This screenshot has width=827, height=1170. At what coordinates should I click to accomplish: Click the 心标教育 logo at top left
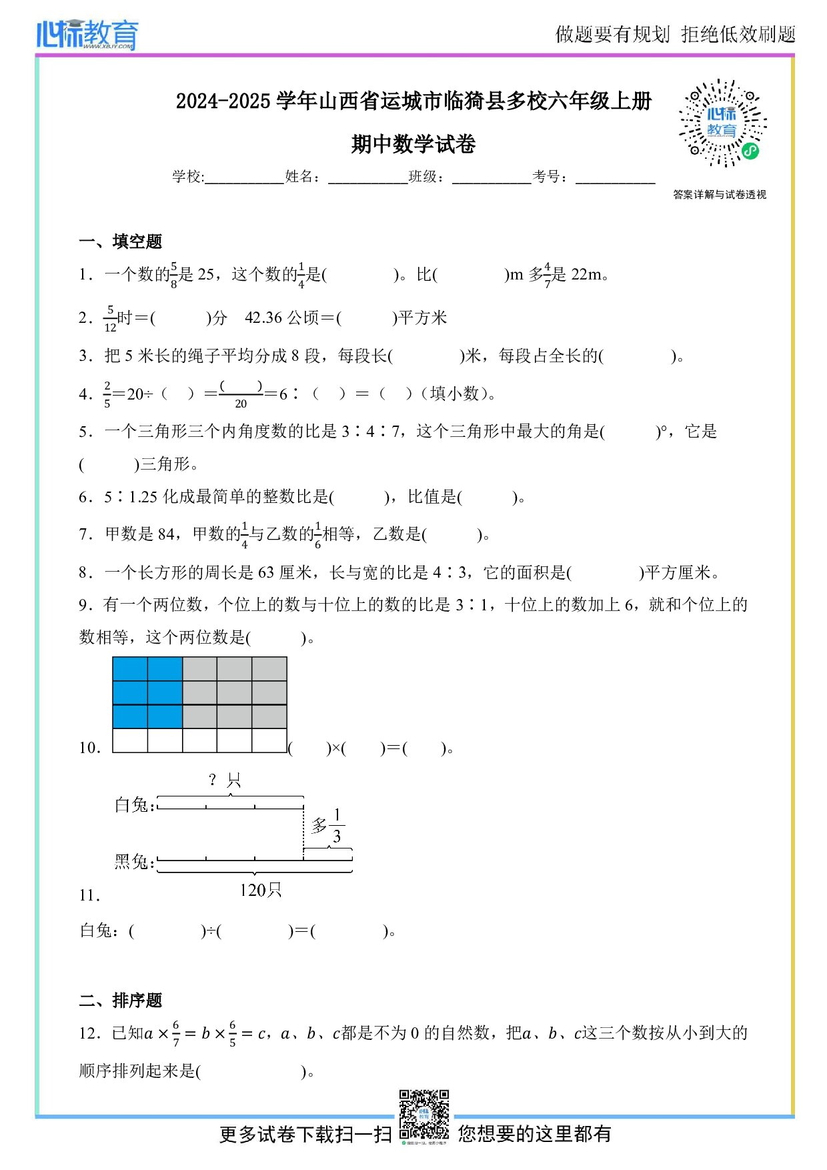(x=87, y=35)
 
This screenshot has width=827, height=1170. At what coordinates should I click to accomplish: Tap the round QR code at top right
(x=722, y=123)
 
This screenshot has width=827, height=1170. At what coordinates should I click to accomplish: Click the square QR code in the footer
(x=424, y=1115)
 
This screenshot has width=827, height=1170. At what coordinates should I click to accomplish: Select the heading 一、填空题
(x=121, y=241)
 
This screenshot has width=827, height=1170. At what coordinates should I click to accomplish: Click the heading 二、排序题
(x=121, y=1001)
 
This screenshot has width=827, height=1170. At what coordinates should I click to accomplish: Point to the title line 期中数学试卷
(x=414, y=144)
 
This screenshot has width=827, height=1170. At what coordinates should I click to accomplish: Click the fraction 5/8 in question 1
(x=173, y=275)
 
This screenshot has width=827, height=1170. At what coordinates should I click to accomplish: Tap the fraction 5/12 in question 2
(x=110, y=319)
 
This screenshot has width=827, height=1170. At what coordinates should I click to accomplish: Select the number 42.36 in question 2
(x=263, y=318)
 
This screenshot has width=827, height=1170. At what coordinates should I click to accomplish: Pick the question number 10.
(x=89, y=748)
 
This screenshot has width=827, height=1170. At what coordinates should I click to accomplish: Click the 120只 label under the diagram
(x=261, y=890)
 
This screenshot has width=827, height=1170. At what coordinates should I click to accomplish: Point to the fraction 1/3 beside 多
(x=337, y=826)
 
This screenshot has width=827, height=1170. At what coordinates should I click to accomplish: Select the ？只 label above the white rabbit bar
(x=224, y=780)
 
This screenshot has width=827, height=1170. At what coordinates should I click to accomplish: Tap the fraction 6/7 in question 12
(x=176, y=1034)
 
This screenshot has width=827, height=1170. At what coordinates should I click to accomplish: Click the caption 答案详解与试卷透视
(x=720, y=195)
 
